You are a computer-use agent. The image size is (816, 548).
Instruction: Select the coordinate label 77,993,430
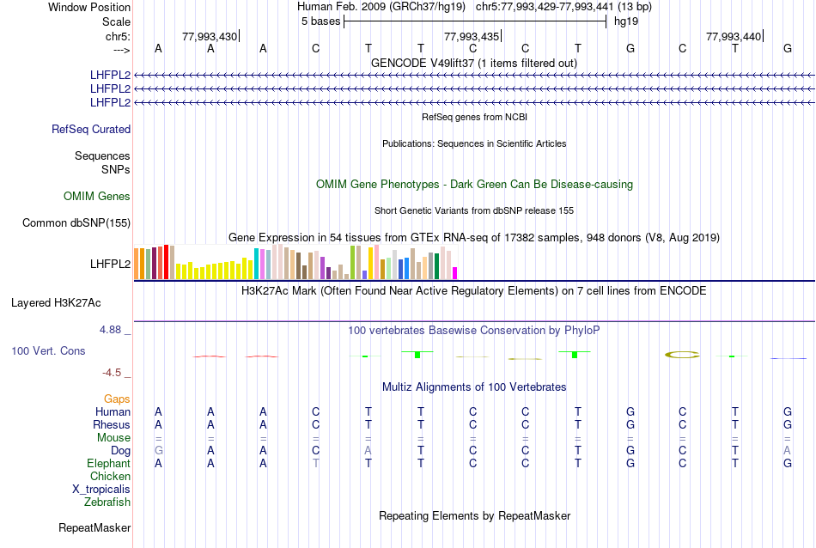[210, 36]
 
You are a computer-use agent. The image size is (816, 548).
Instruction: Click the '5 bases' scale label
[320, 21]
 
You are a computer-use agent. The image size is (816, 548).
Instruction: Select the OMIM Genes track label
[97, 197]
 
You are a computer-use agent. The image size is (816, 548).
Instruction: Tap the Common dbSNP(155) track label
[76, 223]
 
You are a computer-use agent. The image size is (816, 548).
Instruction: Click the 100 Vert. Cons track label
[48, 351]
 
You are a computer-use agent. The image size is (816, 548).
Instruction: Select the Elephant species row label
[108, 463]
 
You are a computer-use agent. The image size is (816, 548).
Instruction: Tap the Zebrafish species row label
[107, 502]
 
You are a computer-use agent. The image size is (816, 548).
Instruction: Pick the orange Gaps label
[117, 399]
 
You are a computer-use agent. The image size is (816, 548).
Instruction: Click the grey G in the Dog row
[158, 450]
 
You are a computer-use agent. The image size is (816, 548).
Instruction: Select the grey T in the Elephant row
[315, 463]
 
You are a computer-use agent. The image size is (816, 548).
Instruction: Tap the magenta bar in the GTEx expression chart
[454, 273]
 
